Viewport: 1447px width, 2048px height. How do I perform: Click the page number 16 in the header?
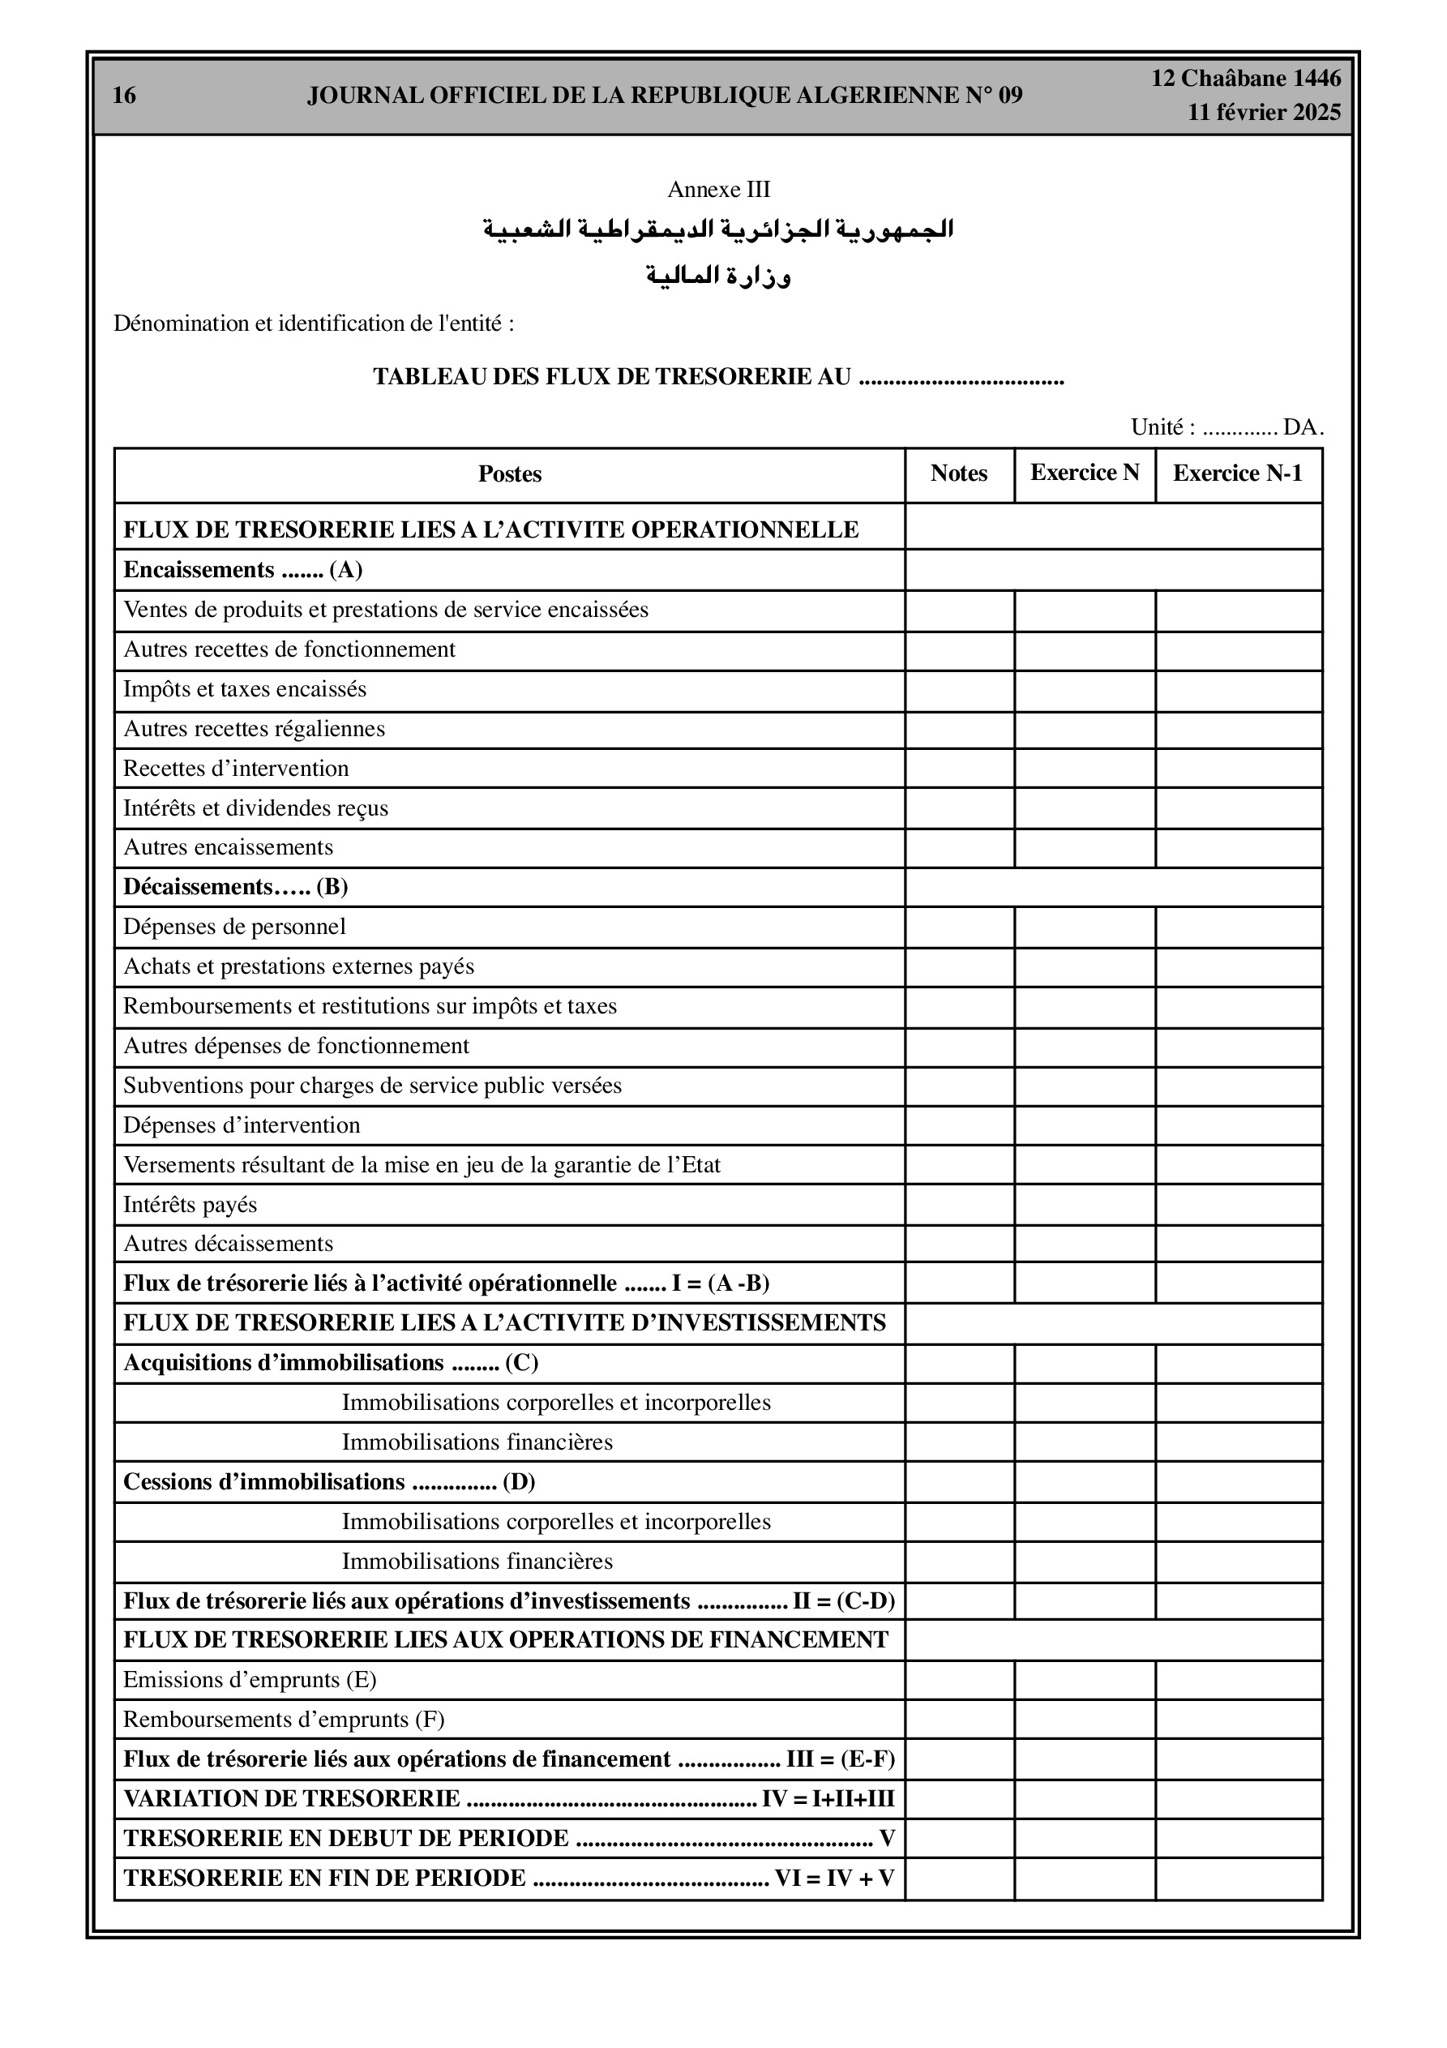click(124, 96)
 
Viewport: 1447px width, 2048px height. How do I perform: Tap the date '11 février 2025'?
click(1264, 113)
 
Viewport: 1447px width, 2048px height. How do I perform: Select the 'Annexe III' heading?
click(718, 190)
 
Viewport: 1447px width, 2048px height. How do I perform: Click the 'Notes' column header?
click(959, 473)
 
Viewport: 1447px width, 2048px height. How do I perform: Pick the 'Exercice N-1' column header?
click(1237, 473)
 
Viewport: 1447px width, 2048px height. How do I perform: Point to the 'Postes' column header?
click(509, 474)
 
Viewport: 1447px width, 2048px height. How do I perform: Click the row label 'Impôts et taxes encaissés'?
click(245, 689)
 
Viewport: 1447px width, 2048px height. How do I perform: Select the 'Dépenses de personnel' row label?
click(233, 927)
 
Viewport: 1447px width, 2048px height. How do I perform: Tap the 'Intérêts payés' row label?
click(190, 1205)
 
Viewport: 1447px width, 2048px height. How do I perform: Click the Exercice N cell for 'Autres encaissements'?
click(1085, 848)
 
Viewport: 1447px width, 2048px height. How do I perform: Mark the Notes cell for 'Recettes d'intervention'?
click(959, 769)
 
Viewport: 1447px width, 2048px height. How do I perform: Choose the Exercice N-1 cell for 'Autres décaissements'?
click(1238, 1245)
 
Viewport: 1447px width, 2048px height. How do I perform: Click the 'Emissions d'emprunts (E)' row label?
click(250, 1681)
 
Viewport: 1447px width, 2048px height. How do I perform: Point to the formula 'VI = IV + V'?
click(834, 1879)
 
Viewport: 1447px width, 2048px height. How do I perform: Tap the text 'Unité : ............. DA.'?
click(1227, 427)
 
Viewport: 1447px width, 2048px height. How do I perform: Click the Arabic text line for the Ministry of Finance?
click(718, 276)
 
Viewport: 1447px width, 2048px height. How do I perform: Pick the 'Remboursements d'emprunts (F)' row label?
click(284, 1720)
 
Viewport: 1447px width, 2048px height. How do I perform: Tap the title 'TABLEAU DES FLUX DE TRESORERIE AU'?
click(612, 377)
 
